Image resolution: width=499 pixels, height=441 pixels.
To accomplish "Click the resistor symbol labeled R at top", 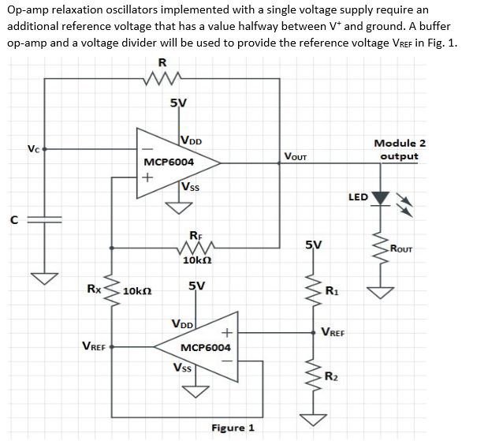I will [162, 78].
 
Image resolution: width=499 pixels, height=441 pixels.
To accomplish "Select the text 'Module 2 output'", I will [400, 149].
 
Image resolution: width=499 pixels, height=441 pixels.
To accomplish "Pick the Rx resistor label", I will [93, 289].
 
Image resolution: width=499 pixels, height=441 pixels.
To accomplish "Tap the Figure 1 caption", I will [233, 428].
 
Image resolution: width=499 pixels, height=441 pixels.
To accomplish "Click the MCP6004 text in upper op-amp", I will [169, 162].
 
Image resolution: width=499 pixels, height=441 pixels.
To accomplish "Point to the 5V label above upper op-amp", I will [178, 103].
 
